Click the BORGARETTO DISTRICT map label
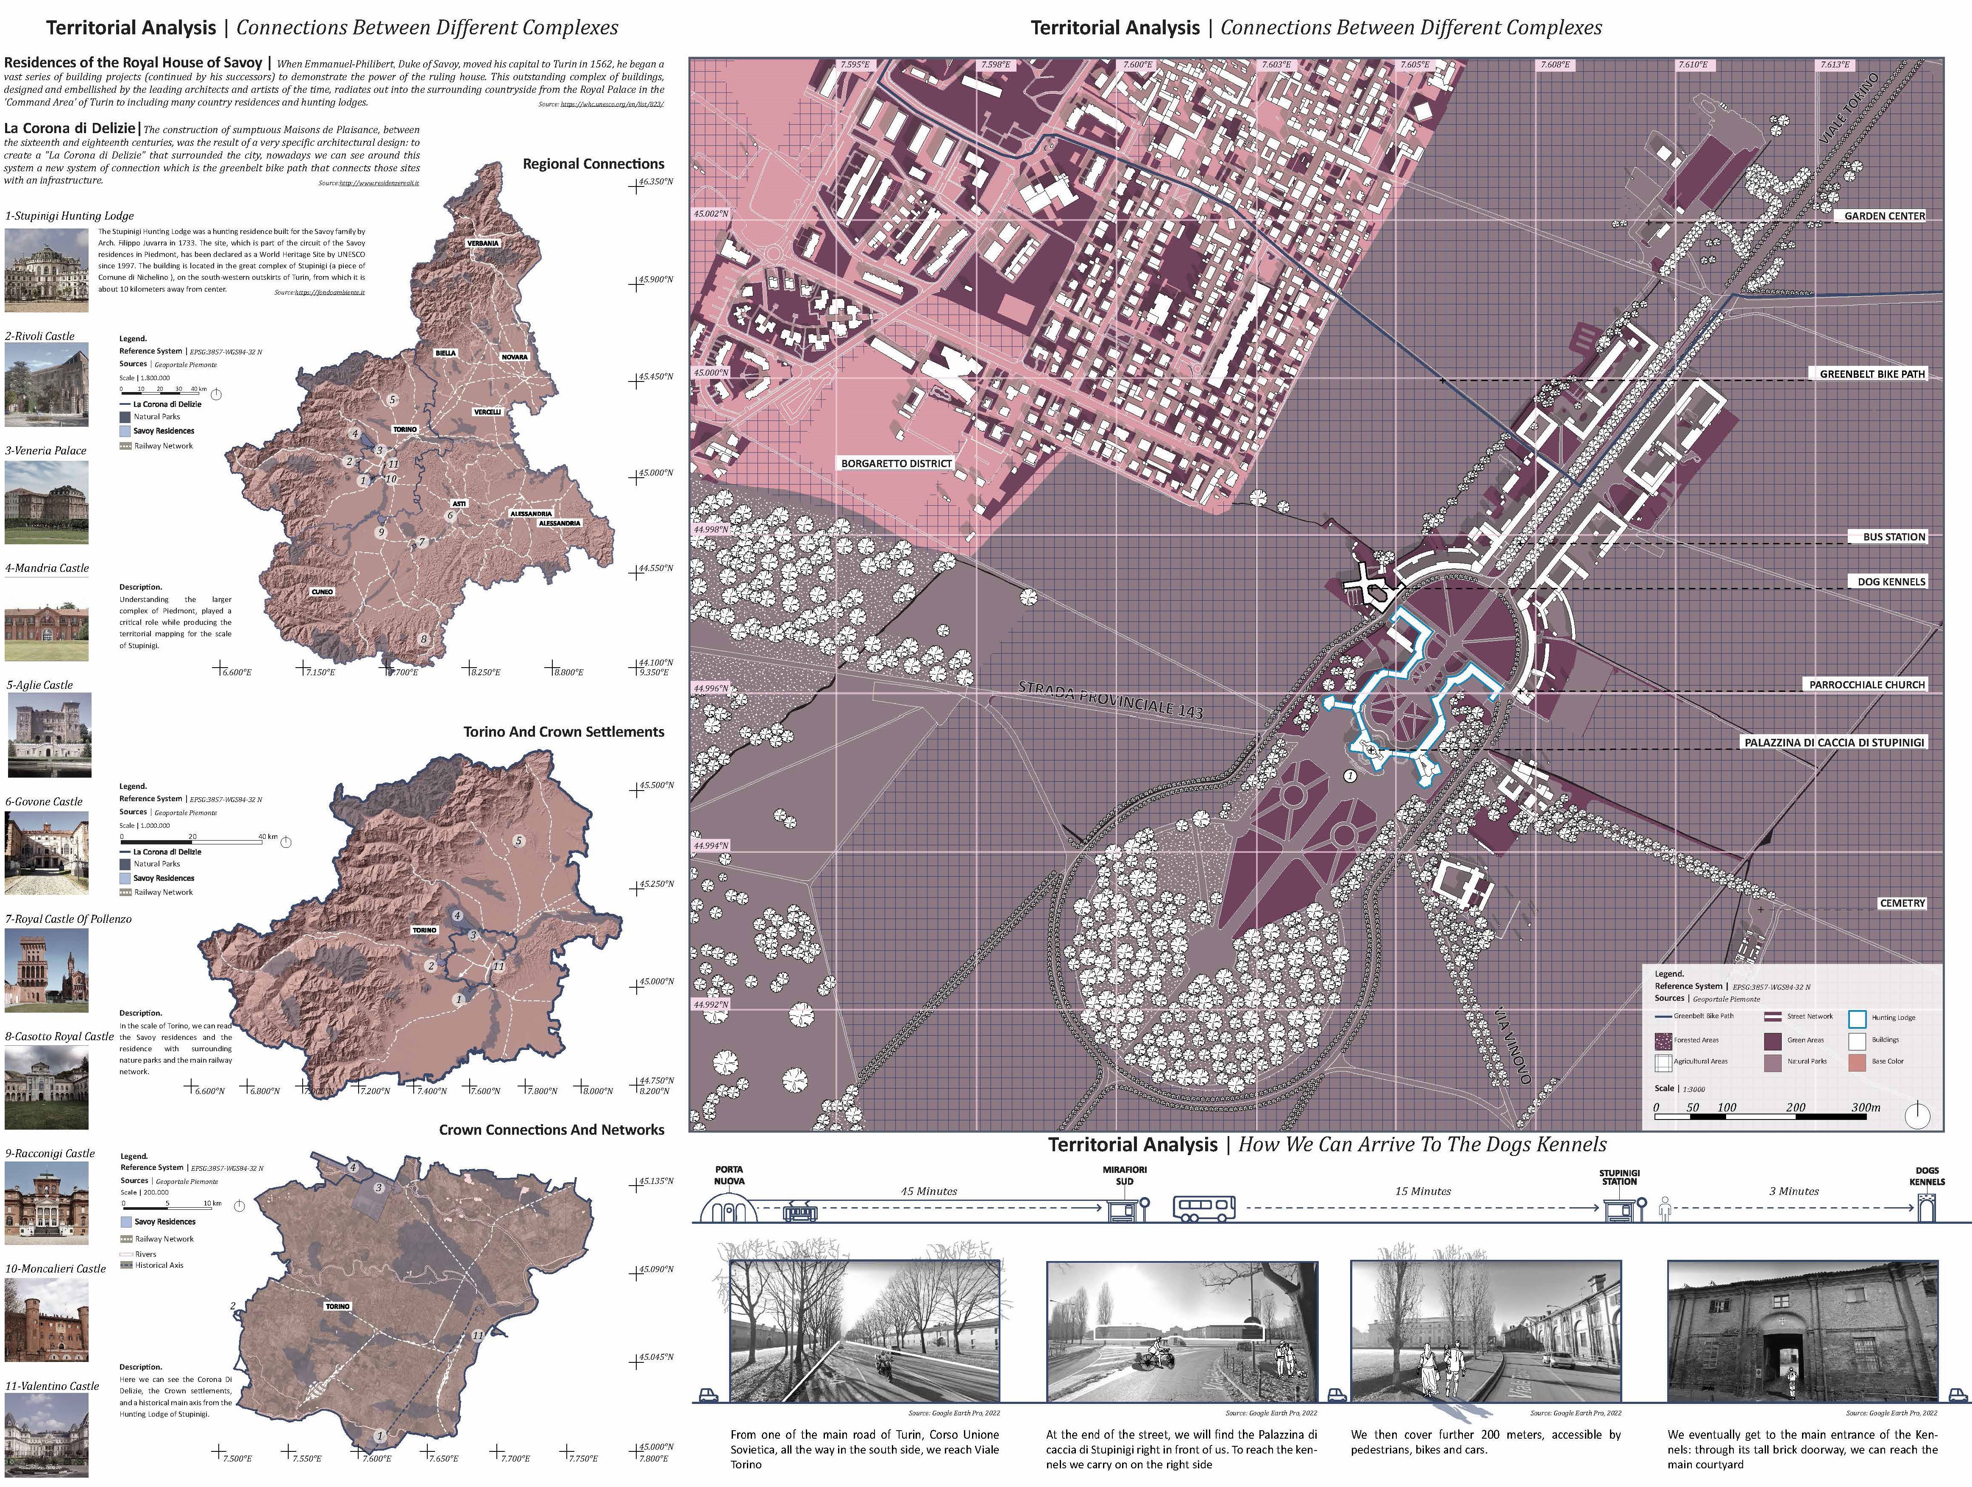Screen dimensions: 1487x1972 coord(896,464)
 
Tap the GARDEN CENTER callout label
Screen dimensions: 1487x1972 coord(1884,216)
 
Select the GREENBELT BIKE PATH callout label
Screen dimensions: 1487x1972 coord(1871,373)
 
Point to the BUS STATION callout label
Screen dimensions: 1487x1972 coord(1894,537)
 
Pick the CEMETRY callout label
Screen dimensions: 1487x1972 coord(1902,903)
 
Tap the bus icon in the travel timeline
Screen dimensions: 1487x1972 coord(1204,1209)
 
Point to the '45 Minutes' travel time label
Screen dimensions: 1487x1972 coord(929,1191)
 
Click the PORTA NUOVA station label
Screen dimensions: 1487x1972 coord(728,1175)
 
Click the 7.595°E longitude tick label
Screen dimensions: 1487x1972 coord(854,65)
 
